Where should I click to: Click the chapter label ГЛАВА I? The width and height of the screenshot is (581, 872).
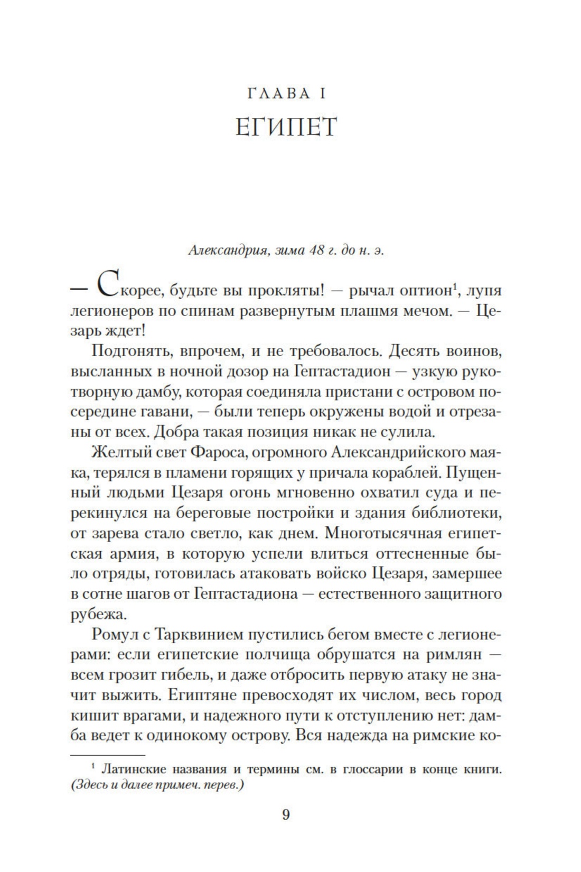click(286, 94)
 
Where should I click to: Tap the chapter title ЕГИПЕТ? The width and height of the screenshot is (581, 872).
click(286, 127)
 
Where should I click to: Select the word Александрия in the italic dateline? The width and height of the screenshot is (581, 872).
click(224, 251)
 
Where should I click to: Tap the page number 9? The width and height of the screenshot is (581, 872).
click(286, 815)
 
